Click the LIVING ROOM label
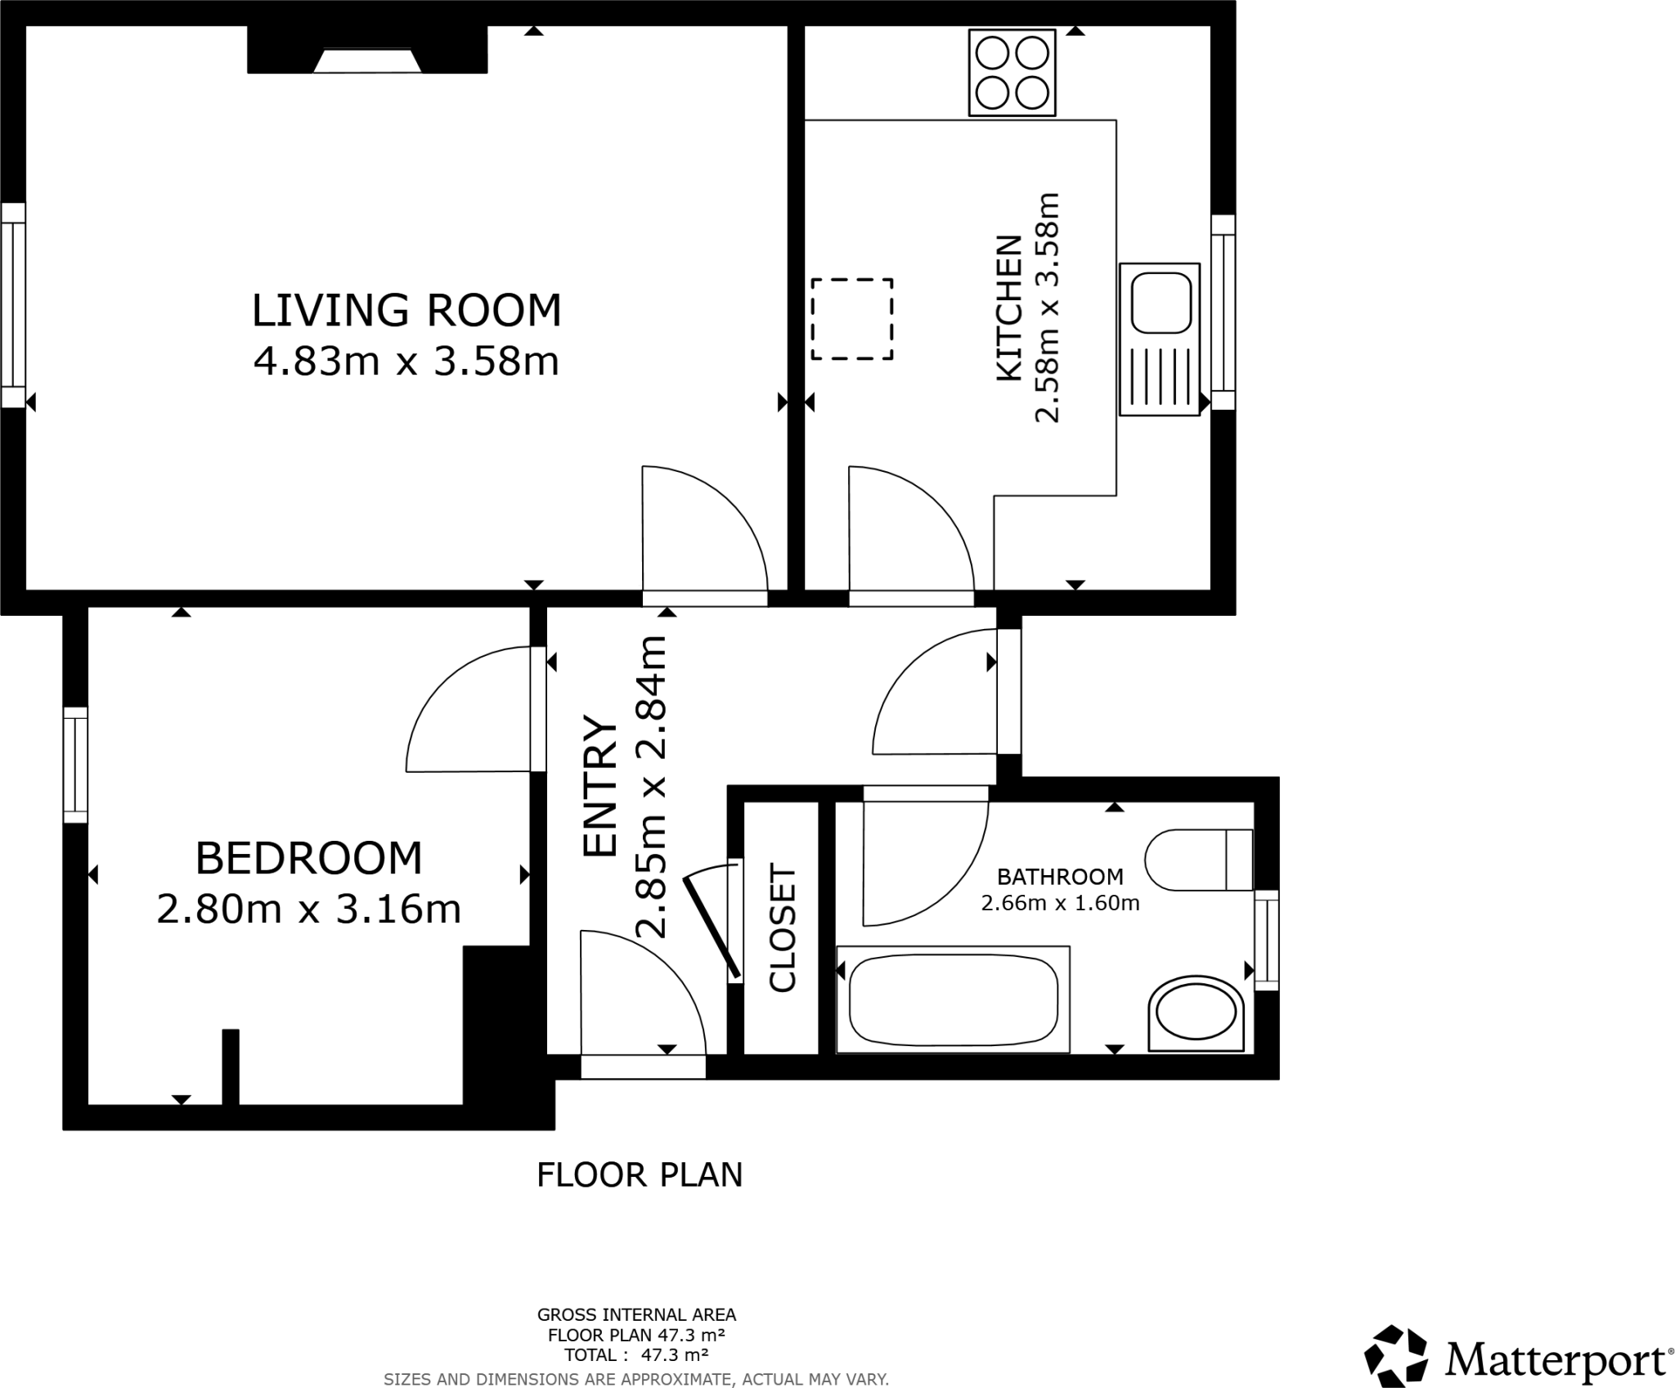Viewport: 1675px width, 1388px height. (x=406, y=311)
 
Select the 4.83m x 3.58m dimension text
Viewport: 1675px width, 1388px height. (x=406, y=361)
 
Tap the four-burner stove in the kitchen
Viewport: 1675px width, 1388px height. (x=1012, y=73)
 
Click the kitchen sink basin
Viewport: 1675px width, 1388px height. (x=1161, y=303)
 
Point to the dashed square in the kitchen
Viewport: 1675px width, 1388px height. (x=851, y=319)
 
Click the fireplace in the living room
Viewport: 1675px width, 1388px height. (x=367, y=61)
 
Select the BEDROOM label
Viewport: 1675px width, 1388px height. (x=308, y=858)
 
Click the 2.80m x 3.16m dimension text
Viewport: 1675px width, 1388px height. (x=308, y=909)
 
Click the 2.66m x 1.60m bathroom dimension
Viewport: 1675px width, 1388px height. (x=1060, y=903)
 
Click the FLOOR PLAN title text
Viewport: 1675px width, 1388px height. (x=640, y=1175)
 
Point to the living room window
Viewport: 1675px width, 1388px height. (x=13, y=305)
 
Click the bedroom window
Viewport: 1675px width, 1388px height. (x=75, y=765)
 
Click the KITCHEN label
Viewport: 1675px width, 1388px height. (x=1009, y=308)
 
